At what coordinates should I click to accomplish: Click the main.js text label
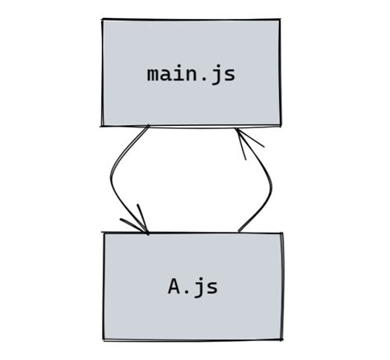[191, 73]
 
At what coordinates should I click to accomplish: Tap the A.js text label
[193, 287]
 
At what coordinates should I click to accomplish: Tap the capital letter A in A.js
[175, 287]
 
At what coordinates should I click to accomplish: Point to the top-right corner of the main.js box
[280, 19]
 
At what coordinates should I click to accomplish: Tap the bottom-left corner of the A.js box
[104, 338]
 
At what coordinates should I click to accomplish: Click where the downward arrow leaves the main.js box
[149, 127]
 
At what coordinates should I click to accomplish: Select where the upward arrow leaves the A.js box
[239, 233]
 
